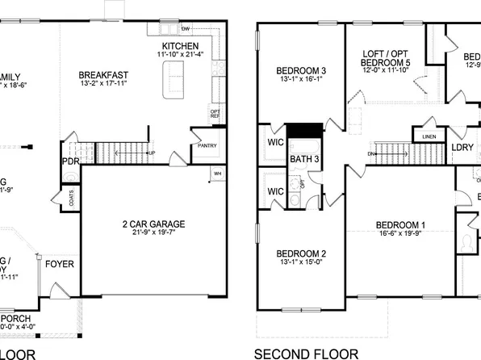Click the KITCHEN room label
pos(182,45)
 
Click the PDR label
pos(71,160)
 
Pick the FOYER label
pos(58,264)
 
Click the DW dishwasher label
pos(185,27)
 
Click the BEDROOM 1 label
pos(400,224)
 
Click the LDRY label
pos(462,148)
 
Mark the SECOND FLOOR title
pos(306,354)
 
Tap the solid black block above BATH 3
pos(305,132)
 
